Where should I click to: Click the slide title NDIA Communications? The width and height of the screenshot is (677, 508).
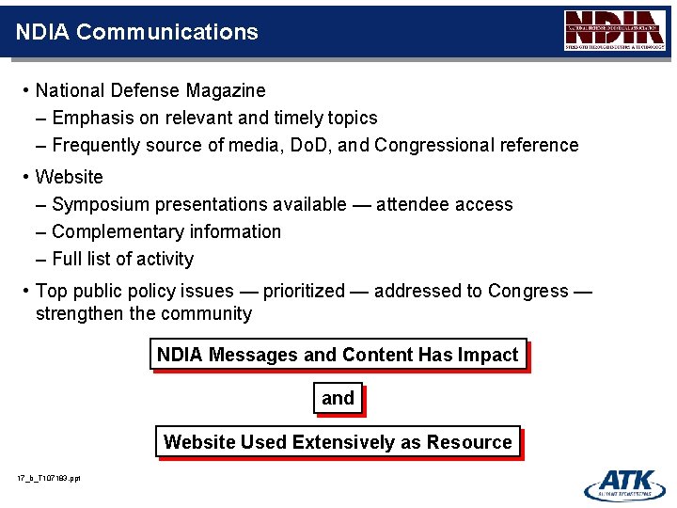click(x=137, y=32)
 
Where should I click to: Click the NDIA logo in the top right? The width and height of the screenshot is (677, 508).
click(x=614, y=30)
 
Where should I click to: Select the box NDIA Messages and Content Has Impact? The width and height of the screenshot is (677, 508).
click(x=338, y=355)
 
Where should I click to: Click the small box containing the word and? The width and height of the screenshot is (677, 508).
click(x=338, y=398)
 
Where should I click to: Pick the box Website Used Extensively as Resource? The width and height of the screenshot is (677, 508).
click(x=338, y=442)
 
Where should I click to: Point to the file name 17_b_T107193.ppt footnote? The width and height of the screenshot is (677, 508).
click(x=49, y=479)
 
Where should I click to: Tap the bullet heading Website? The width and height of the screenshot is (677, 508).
click(x=70, y=177)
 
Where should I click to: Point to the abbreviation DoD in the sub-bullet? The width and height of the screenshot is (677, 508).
click(x=310, y=145)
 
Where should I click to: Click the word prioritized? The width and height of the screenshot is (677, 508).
click(x=304, y=291)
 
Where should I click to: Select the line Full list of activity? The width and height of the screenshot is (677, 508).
click(x=122, y=259)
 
